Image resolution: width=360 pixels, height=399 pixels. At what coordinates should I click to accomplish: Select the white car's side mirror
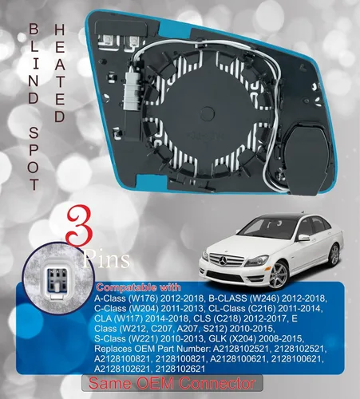tap(303, 237)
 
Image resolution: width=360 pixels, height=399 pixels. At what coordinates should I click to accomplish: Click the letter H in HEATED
tap(59, 29)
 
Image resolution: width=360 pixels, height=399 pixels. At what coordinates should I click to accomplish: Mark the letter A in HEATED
tap(59, 66)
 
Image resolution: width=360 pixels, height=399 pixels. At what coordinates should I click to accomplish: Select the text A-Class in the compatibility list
tap(114, 298)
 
